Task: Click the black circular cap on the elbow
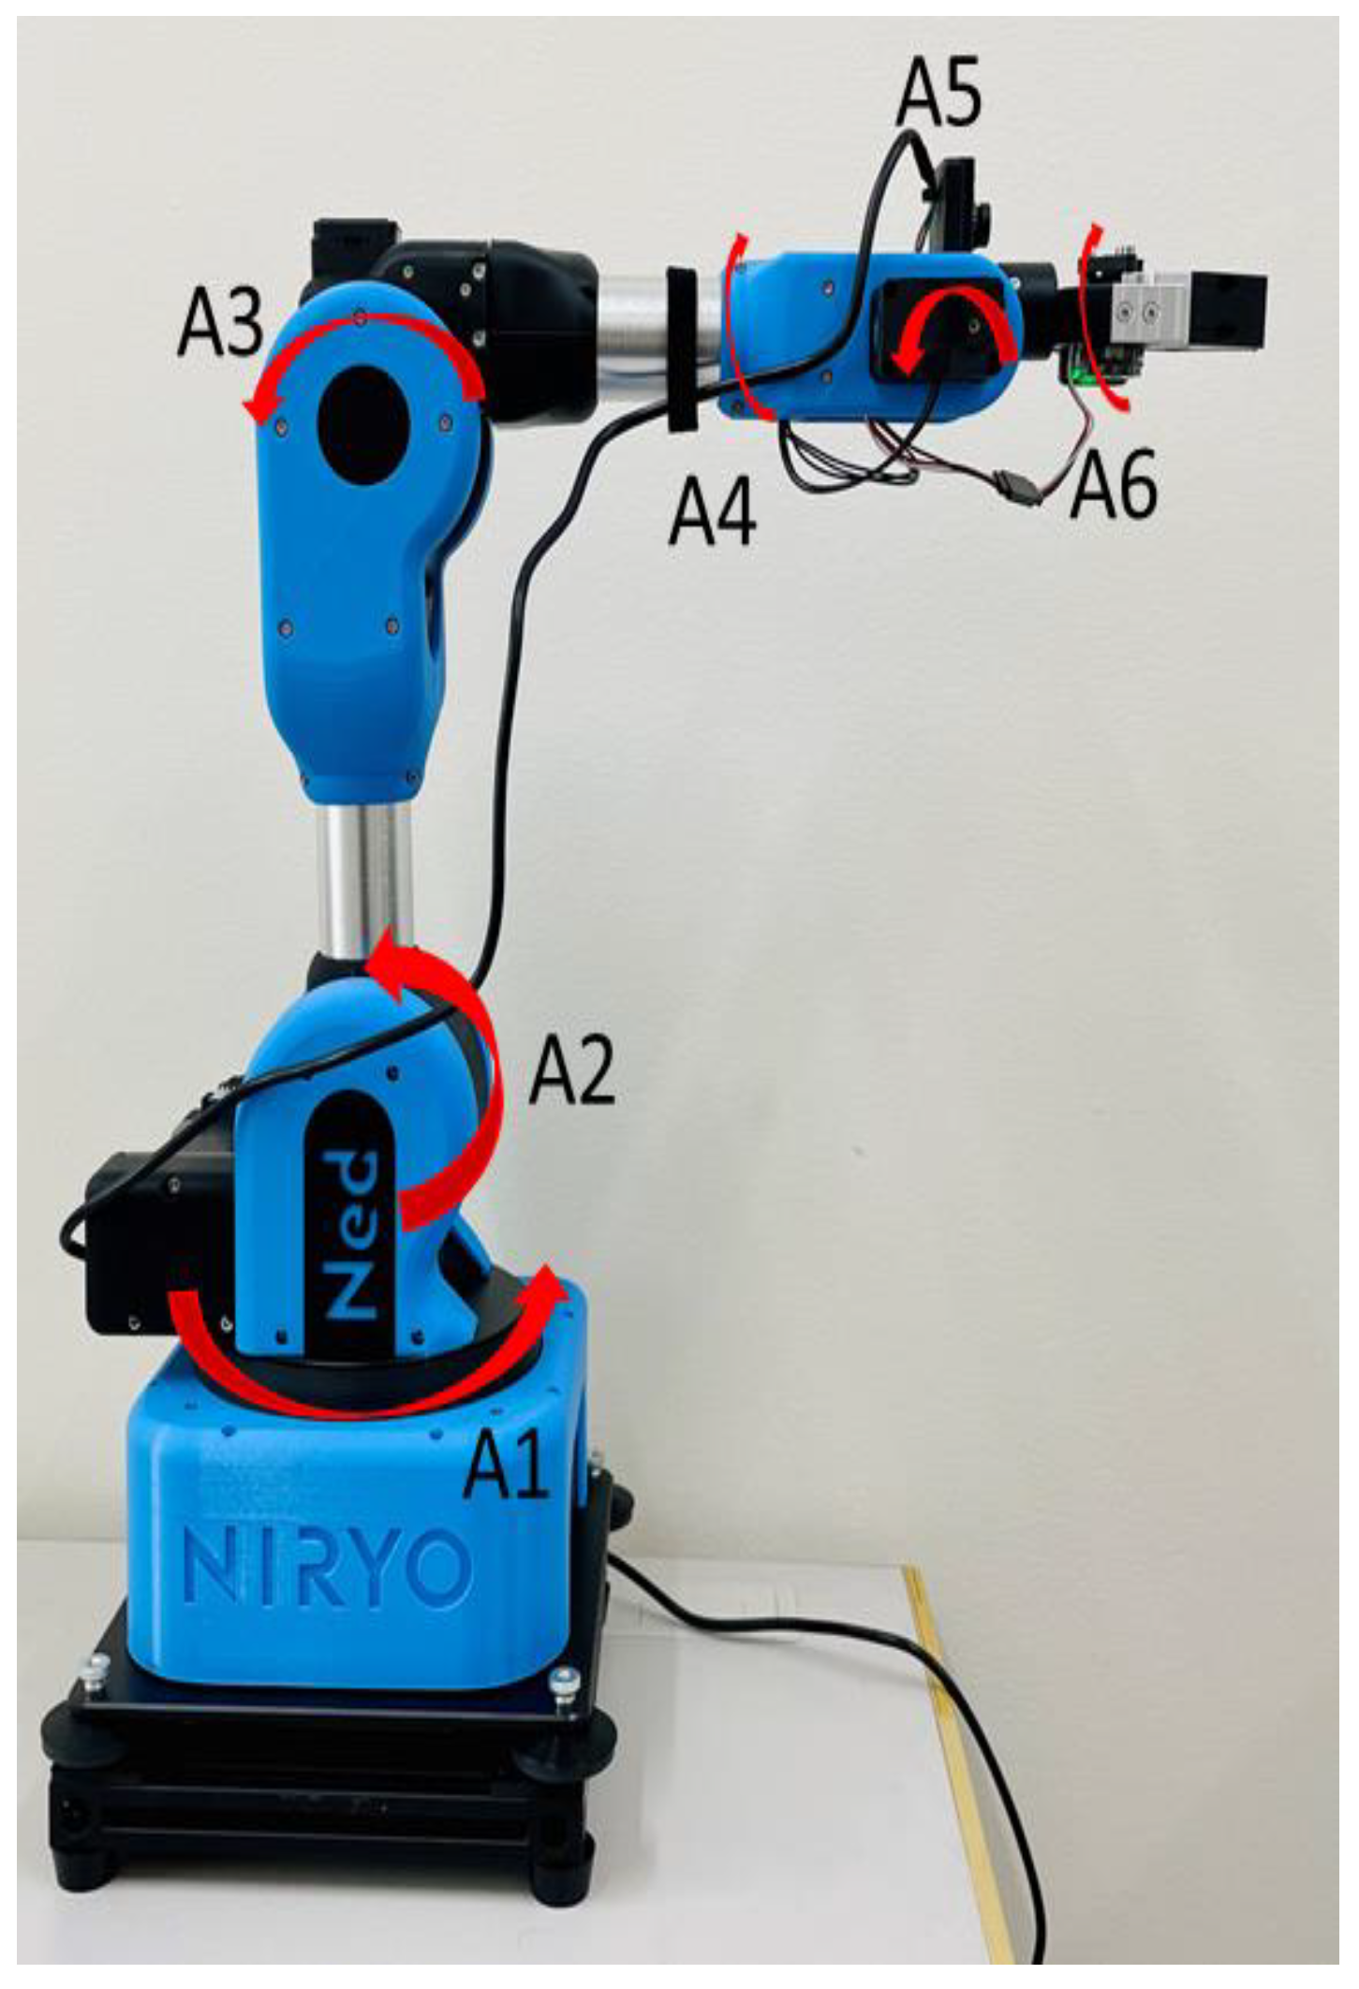[366, 424]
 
